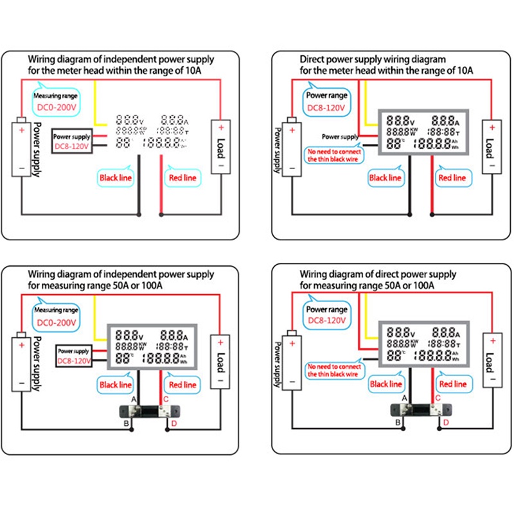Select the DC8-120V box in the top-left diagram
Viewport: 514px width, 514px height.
[x=71, y=146]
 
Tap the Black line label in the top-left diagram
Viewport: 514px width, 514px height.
[x=116, y=177]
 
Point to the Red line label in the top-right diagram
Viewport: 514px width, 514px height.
[x=452, y=177]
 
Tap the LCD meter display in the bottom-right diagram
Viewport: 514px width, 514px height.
[x=421, y=346]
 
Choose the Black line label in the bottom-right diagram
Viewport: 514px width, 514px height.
[x=385, y=384]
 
